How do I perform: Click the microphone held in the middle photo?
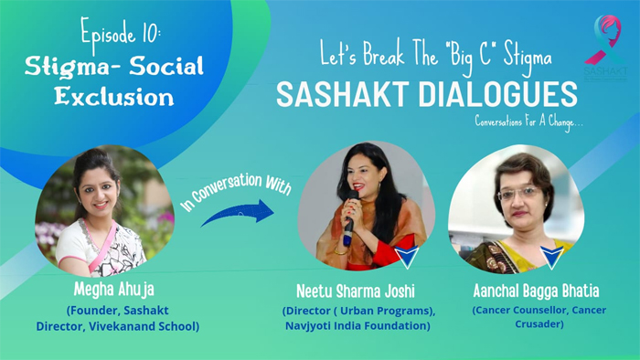click(348, 228)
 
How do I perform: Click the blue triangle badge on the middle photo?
click(406, 256)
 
